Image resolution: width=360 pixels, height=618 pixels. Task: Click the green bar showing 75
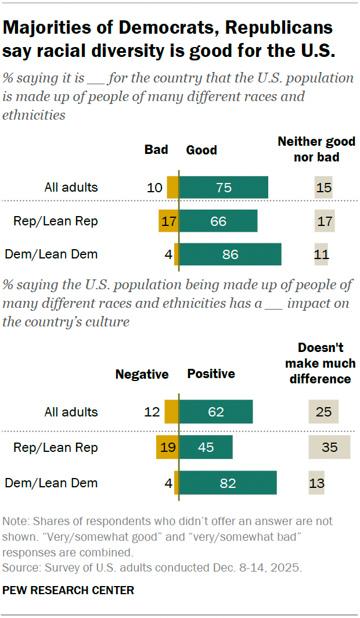pos(224,188)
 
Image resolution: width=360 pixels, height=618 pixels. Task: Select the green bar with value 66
pos(218,221)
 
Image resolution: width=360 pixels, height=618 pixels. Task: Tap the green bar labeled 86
pos(230,254)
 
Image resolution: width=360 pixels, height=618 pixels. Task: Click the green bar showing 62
pos(215,412)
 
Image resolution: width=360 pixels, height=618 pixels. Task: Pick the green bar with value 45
pos(206,448)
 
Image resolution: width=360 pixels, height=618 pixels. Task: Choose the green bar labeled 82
pos(228,483)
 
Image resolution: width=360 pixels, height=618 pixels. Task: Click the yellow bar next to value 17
pos(168,221)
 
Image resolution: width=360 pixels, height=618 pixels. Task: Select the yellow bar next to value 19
pos(167,448)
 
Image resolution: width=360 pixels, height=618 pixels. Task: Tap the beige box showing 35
pos(329,448)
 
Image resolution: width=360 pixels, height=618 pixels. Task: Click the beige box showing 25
pos(323,412)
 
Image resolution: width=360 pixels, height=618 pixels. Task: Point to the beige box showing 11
pos(321,254)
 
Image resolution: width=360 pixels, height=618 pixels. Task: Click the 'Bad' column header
pos(156,150)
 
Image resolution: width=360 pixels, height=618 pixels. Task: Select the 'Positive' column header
pos(211,374)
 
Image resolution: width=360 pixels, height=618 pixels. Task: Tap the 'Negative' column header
pos(142,375)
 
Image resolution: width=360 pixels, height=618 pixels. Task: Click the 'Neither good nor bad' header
pos(316,149)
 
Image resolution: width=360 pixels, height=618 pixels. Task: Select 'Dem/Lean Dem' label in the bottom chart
pos(51,483)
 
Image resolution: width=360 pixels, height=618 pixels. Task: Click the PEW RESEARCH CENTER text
pos(69,590)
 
